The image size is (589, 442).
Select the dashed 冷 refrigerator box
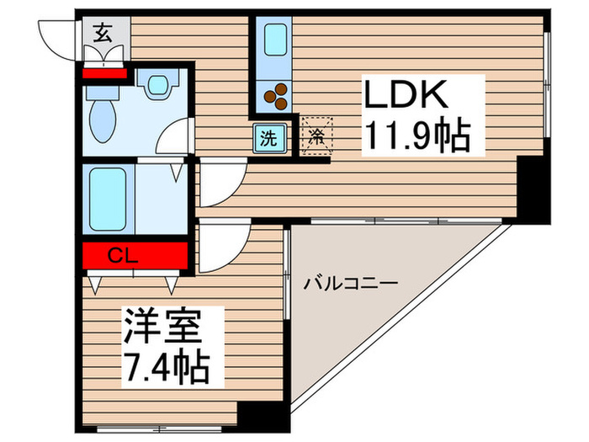(x=316, y=134)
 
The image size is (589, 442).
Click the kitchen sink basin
(x=277, y=39)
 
